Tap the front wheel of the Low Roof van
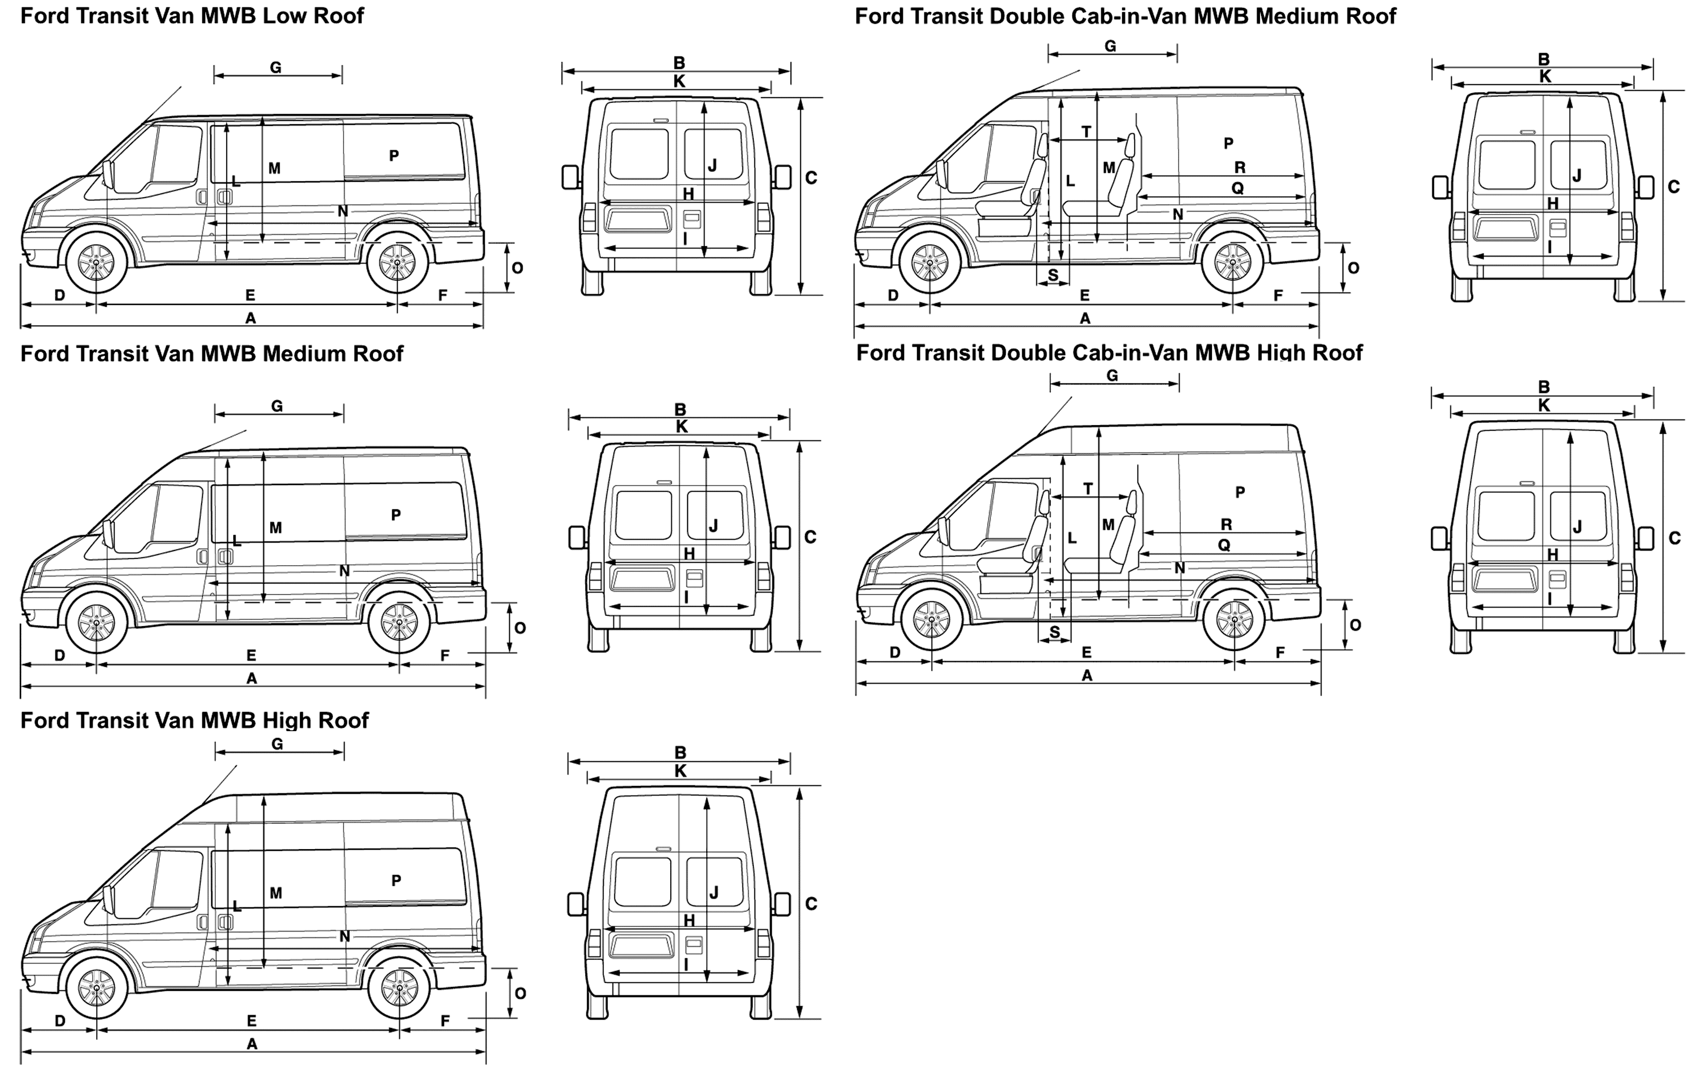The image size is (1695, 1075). click(97, 263)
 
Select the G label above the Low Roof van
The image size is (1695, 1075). click(276, 68)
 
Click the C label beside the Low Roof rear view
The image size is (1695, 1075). click(811, 178)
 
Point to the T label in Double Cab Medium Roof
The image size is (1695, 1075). click(1086, 132)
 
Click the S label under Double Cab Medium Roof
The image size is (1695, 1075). click(1053, 275)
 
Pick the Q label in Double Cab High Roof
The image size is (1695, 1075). click(1224, 544)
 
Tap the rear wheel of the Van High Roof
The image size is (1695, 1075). click(399, 989)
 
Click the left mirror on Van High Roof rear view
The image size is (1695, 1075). click(576, 904)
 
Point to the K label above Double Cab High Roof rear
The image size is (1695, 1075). click(1544, 405)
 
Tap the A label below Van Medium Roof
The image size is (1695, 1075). click(252, 679)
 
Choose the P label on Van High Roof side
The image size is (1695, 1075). click(396, 880)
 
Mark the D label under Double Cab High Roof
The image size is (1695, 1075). click(894, 652)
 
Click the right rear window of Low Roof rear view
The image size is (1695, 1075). click(712, 154)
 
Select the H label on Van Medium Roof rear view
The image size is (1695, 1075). click(689, 554)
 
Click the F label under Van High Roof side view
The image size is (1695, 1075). click(445, 1020)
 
